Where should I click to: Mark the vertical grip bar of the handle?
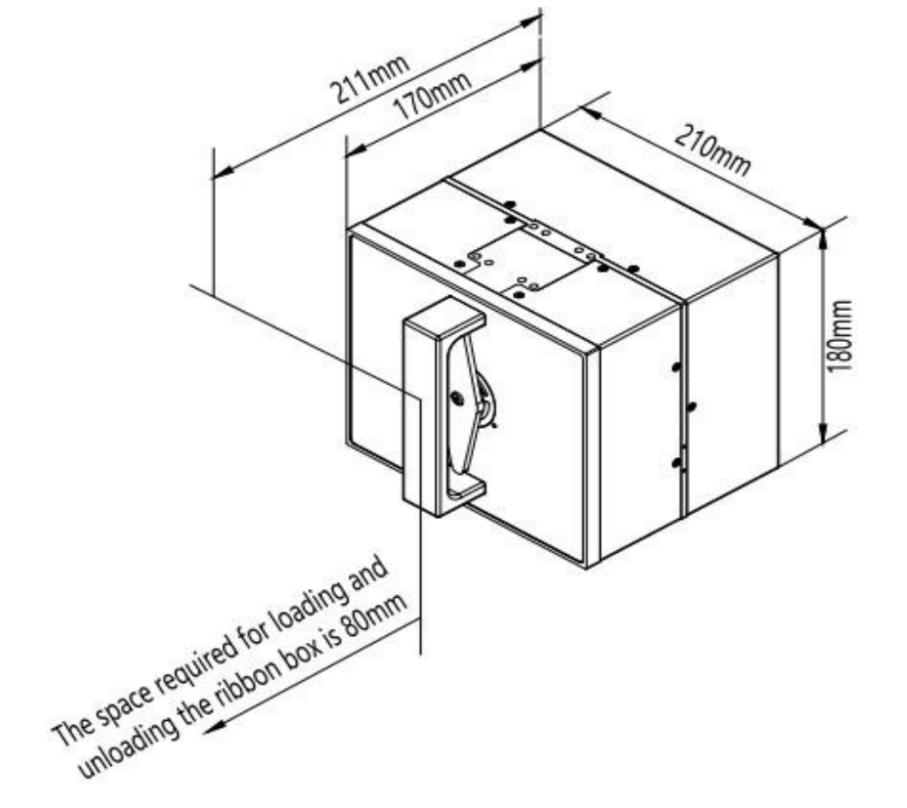pyautogui.click(x=423, y=410)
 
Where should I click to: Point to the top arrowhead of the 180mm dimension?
pyautogui.click(x=824, y=234)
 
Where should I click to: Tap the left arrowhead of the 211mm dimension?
pyautogui.click(x=221, y=173)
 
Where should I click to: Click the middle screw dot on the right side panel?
pyautogui.click(x=691, y=404)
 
